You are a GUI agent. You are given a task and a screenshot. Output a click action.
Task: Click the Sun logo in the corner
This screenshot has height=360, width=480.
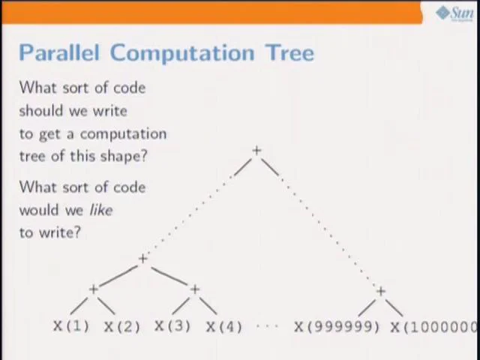454,13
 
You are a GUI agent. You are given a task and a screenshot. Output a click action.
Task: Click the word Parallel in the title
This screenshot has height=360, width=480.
60,52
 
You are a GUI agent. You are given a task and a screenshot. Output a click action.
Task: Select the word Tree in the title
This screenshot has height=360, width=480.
289,52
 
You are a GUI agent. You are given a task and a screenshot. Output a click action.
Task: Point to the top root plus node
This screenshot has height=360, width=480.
256,151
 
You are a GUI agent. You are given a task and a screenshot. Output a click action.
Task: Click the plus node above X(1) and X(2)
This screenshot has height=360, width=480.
94,289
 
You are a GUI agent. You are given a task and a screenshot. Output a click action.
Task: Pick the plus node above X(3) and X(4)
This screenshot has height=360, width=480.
194,289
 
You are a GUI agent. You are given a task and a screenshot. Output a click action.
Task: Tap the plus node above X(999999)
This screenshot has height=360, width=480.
380,291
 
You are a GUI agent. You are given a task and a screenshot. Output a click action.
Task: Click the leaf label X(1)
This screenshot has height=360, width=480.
70,326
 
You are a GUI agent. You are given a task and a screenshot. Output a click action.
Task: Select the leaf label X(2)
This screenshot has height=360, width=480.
121,326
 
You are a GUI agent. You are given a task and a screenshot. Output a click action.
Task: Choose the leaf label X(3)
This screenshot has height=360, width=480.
172,326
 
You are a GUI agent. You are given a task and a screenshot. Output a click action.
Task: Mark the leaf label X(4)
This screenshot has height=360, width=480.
223,326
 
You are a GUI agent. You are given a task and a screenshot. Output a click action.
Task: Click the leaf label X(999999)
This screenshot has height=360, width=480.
337,326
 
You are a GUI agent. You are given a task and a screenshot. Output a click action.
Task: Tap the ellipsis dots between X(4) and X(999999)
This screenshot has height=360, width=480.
267,327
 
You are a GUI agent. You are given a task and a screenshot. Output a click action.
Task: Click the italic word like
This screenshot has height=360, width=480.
100,210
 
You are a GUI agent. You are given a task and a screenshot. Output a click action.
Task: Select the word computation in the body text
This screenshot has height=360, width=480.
123,134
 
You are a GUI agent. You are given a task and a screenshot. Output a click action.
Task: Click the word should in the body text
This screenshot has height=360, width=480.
41,110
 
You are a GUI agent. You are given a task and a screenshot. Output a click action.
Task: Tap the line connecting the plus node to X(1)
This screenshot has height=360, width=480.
79,305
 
